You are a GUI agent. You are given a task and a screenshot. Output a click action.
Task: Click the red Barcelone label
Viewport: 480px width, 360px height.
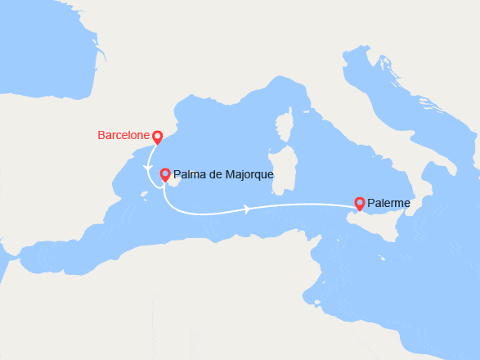124,135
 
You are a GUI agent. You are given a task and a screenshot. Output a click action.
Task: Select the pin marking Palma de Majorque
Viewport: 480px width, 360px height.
165,174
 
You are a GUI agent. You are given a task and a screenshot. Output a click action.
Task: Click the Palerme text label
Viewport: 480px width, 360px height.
389,203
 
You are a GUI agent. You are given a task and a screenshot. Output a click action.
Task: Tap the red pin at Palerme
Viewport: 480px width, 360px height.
359,202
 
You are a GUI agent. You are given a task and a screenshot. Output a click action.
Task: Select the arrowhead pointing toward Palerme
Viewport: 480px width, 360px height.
248,209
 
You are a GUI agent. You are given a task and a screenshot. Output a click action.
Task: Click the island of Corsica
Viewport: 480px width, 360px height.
285,131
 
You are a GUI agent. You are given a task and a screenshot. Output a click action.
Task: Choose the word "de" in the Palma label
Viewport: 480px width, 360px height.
214,174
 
